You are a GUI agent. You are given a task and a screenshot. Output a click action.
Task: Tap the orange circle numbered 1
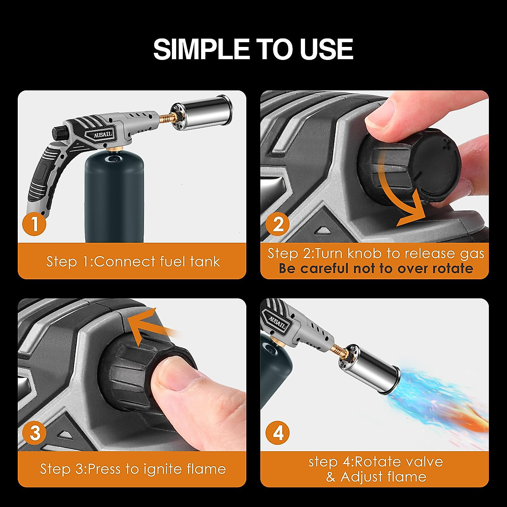[x=34, y=224]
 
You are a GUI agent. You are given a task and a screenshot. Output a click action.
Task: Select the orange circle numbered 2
[x=278, y=224]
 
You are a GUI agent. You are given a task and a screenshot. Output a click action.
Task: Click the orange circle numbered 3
[x=35, y=433]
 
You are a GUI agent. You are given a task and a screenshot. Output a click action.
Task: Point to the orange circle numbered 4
[x=278, y=433]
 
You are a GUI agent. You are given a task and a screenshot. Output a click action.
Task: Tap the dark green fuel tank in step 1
[x=114, y=194]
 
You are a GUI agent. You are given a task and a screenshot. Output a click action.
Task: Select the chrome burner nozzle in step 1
[x=206, y=108]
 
